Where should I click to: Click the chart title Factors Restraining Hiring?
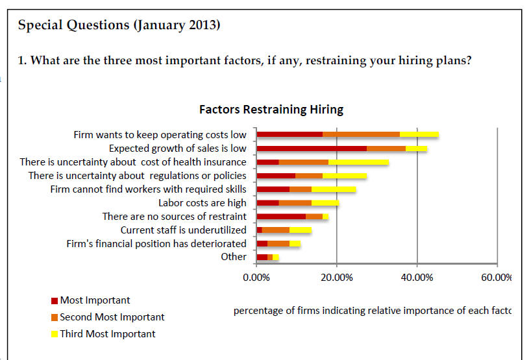271,109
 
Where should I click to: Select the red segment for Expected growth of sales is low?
312,149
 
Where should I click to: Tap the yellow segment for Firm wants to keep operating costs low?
419,135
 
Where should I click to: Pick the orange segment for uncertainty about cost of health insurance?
303,162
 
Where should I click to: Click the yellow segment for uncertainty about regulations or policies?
345,176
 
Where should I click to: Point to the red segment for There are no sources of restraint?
282,217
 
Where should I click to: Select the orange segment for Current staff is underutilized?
275,230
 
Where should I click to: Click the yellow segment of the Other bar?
276,258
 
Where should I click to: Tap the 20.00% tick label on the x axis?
336,278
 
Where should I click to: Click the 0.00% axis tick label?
256,278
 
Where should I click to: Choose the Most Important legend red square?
55,301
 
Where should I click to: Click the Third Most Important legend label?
108,334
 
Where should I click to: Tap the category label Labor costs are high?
203,203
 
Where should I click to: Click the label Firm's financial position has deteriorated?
156,244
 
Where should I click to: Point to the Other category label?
234,257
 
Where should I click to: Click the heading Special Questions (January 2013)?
119,26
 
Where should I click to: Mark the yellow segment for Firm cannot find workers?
334,189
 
